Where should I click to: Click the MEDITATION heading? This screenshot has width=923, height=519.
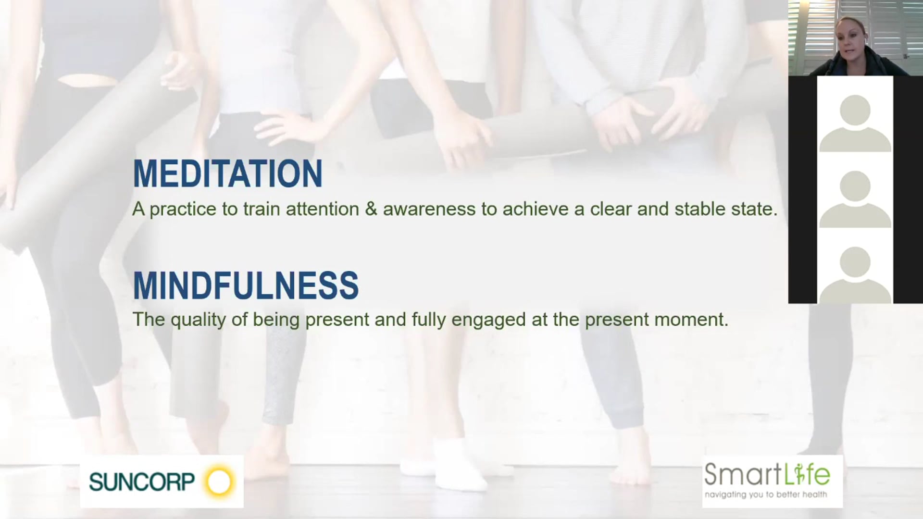(x=227, y=174)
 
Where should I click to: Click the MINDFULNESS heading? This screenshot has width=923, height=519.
(x=246, y=285)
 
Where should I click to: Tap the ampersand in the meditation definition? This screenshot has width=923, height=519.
(x=371, y=209)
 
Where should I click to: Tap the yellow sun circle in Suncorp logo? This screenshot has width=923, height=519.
(x=219, y=482)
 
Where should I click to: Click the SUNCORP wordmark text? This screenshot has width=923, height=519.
(x=142, y=482)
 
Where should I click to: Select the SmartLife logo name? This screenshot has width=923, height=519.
(x=767, y=475)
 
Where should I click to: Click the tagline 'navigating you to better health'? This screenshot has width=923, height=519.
(x=766, y=494)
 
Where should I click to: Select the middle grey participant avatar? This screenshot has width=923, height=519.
(x=855, y=198)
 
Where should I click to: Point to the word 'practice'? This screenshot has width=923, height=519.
(x=183, y=209)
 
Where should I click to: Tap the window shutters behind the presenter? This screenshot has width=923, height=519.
(x=889, y=29)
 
